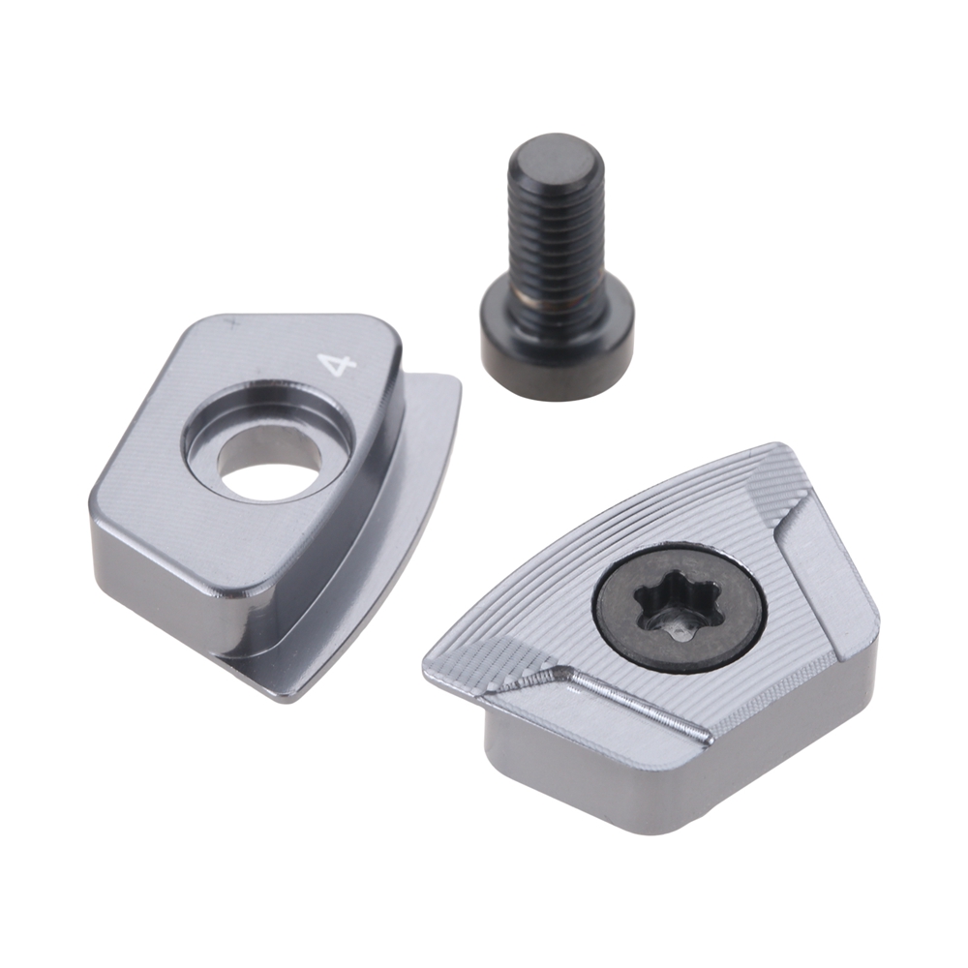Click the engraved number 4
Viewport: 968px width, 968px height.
(x=337, y=366)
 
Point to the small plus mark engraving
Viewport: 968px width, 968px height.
(x=232, y=321)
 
